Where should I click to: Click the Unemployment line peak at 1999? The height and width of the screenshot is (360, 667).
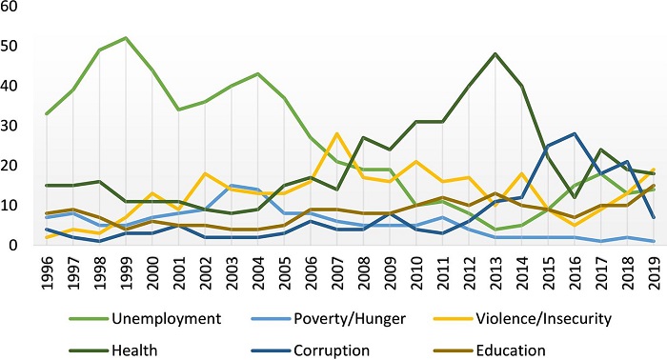click(x=126, y=38)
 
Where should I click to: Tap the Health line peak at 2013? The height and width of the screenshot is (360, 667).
click(x=493, y=53)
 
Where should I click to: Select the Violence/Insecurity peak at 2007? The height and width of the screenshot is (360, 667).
click(x=335, y=133)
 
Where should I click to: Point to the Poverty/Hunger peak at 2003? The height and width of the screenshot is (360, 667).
click(x=231, y=186)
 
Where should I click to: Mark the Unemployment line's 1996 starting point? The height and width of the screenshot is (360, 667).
click(x=48, y=113)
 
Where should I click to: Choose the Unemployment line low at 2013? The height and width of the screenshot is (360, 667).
click(x=493, y=230)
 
